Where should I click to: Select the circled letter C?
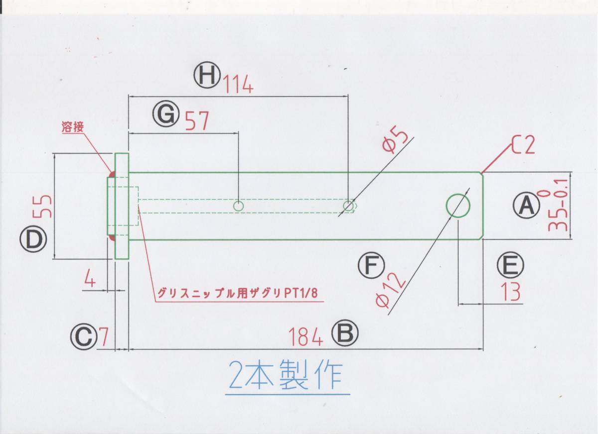click(x=83, y=337)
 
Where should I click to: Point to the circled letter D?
click(x=33, y=240)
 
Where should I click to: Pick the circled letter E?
click(x=510, y=266)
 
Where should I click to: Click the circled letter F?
click(x=371, y=266)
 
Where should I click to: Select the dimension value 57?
click(x=196, y=121)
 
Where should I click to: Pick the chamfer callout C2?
click(x=523, y=145)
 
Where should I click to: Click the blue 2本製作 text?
click(x=286, y=376)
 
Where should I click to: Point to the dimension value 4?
click(x=90, y=279)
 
